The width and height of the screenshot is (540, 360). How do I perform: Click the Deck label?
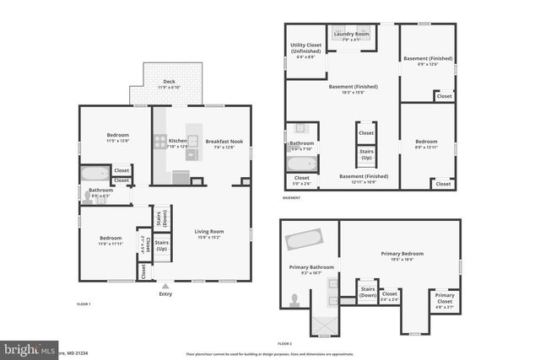click(170, 83)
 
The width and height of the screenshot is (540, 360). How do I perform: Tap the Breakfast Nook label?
click(224, 142)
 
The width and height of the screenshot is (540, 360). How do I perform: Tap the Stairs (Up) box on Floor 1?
click(161, 246)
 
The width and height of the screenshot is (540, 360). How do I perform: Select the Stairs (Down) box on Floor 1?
click(161, 216)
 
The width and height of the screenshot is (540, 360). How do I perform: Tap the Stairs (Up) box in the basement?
click(366, 156)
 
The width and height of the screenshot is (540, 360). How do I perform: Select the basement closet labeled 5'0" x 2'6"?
click(301, 180)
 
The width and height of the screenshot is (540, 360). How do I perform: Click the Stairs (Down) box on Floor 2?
click(368, 293)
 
